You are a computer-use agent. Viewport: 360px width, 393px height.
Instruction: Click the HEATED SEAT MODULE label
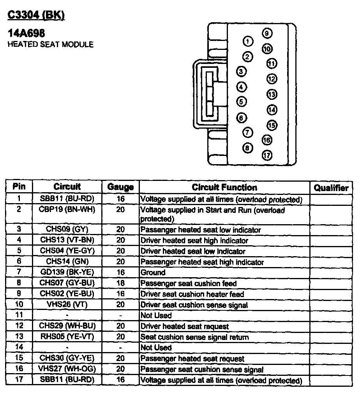(51, 44)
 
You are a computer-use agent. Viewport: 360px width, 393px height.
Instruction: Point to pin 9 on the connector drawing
(266, 34)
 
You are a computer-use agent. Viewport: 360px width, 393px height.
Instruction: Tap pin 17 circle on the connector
(267, 155)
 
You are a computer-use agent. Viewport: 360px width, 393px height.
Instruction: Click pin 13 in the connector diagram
(272, 94)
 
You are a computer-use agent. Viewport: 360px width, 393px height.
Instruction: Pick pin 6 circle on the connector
(242, 117)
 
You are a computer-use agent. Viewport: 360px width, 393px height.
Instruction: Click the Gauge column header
(120, 187)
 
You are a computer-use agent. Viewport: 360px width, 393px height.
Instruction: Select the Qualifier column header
(331, 188)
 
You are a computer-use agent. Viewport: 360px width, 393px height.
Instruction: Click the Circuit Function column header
(224, 187)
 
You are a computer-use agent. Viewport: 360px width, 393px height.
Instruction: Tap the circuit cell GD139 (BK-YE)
(67, 272)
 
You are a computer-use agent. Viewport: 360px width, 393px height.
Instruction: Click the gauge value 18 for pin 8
(120, 283)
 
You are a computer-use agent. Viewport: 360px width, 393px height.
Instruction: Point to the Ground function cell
(153, 273)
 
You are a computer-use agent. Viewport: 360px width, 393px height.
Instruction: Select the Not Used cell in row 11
(156, 315)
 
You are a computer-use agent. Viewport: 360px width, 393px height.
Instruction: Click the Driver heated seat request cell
(185, 326)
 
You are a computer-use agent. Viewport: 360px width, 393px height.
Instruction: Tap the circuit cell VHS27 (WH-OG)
(67, 369)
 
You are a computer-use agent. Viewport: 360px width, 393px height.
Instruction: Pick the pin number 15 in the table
(19, 358)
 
